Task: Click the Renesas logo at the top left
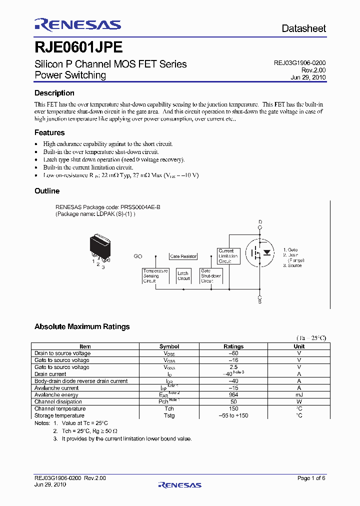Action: coord(77,24)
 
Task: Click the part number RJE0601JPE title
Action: coord(78,47)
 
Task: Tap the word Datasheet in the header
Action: coord(303,28)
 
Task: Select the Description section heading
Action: coord(54,93)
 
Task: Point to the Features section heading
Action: coord(49,132)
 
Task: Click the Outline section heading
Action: coord(47,191)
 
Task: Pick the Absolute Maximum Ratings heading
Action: coord(82,326)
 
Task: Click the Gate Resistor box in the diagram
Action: coord(183,256)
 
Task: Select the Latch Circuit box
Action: coord(183,275)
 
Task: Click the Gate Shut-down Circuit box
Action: coord(210,275)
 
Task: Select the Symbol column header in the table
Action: coord(169,346)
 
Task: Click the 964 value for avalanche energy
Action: coord(233,394)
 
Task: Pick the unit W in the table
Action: coord(299,401)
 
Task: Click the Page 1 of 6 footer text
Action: coord(311,478)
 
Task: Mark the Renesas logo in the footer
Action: coord(179,484)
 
